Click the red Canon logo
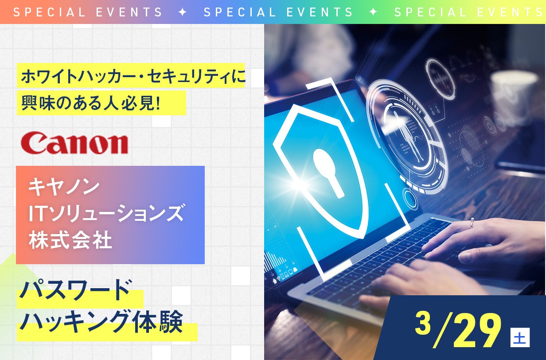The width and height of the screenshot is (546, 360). coord(74,143)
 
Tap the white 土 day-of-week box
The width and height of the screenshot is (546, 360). coord(520,337)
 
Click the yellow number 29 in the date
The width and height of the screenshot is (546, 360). coord(477,330)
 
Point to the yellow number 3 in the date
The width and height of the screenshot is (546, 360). coord(423,323)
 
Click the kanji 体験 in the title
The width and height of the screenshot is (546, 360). coord(158,322)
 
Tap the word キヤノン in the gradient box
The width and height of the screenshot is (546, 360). coord(64,187)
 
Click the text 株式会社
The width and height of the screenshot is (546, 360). coord(70,240)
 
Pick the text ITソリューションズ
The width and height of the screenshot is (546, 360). coord(106,213)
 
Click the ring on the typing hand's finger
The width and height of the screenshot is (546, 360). coord(472,222)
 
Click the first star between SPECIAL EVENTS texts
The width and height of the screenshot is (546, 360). coord(183,12)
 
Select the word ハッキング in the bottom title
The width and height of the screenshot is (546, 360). coord(74,322)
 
